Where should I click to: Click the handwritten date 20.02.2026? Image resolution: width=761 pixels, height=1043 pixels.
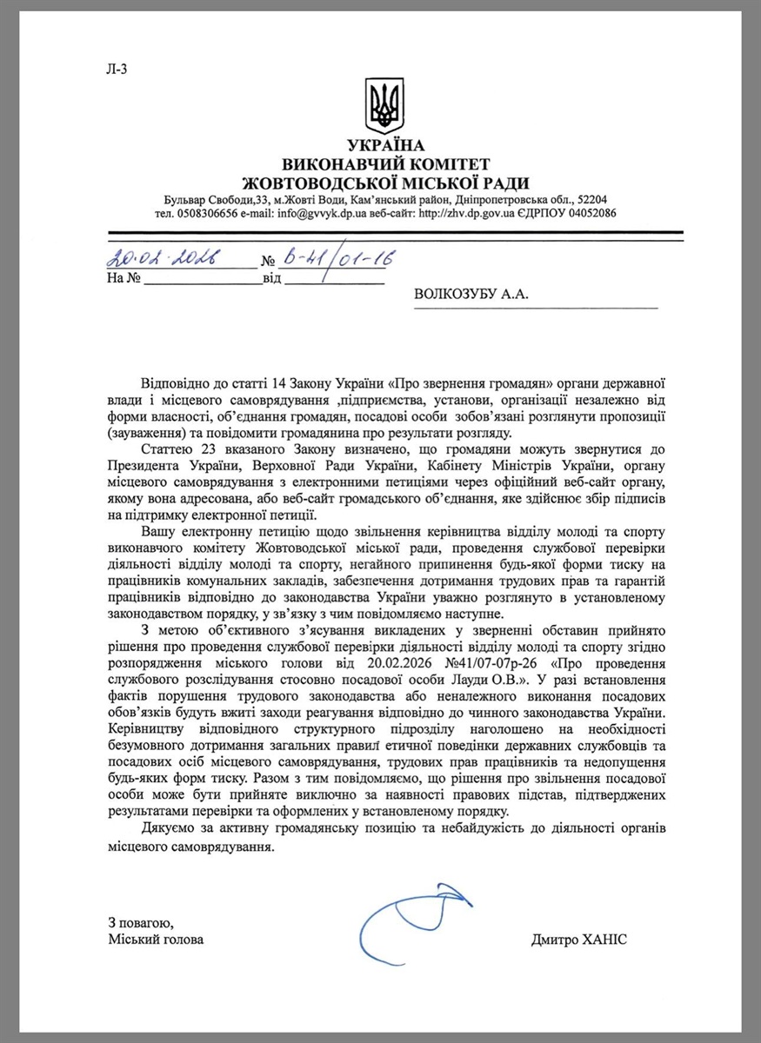(x=162, y=257)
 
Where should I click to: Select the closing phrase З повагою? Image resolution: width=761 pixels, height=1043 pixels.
(x=135, y=922)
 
